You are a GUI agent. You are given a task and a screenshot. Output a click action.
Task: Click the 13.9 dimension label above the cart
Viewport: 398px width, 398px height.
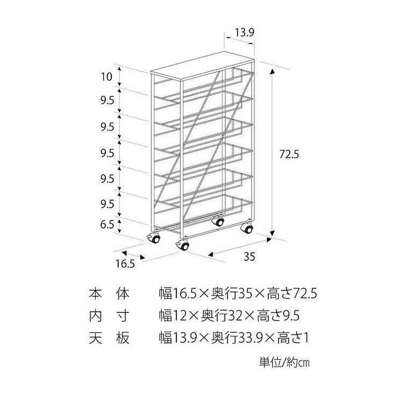[x=244, y=33]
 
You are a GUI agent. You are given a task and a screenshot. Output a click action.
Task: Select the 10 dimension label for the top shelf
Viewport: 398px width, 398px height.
[x=106, y=76]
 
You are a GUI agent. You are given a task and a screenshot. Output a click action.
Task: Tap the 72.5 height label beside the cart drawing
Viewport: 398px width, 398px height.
[x=289, y=153]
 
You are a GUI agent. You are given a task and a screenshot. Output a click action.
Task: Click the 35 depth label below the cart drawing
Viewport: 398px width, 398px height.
[x=248, y=256]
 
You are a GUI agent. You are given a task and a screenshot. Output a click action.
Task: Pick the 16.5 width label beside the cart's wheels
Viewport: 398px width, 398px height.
[x=124, y=264]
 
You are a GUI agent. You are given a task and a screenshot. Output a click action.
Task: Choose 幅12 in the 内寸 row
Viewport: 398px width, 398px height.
[x=172, y=316]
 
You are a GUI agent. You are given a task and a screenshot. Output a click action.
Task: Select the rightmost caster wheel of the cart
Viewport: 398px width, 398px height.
[x=247, y=228]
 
